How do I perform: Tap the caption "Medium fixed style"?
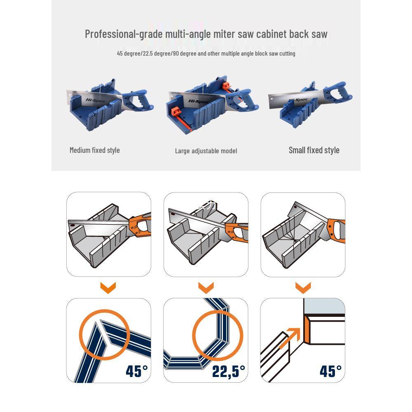95,150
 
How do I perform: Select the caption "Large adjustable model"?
206,151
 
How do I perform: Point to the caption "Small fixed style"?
314,150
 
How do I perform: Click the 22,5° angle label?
229,371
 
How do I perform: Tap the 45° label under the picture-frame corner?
136,371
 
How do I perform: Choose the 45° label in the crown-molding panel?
330,371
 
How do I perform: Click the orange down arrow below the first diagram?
108,288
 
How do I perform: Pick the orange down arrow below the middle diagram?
206,288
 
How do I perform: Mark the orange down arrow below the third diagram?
303,288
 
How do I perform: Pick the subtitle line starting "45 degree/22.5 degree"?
206,54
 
